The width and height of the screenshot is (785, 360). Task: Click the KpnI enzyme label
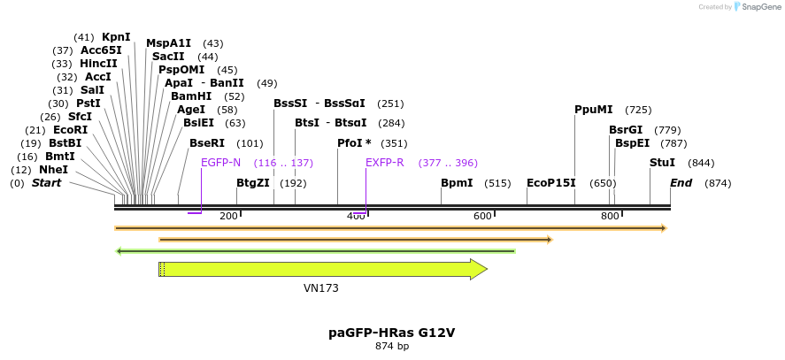pyautogui.click(x=116, y=37)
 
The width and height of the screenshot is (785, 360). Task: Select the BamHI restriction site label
pyautogui.click(x=190, y=96)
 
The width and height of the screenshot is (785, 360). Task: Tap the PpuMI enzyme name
pyautogui.click(x=593, y=110)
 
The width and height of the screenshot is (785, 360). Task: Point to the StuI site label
pyautogui.click(x=662, y=163)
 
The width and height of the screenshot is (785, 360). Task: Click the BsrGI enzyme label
pyautogui.click(x=626, y=130)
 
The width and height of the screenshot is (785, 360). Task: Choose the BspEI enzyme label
pyautogui.click(x=632, y=143)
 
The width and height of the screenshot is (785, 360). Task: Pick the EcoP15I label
pyautogui.click(x=551, y=183)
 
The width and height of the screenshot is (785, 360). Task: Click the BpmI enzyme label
pyautogui.click(x=457, y=183)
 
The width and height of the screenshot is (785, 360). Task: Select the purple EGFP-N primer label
pyautogui.click(x=220, y=163)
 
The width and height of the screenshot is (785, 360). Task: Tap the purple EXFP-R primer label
pyautogui.click(x=385, y=163)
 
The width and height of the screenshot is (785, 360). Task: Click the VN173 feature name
pyautogui.click(x=321, y=288)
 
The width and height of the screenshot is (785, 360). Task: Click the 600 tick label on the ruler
pyautogui.click(x=482, y=217)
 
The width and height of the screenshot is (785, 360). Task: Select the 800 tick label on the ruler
pyautogui.click(x=611, y=217)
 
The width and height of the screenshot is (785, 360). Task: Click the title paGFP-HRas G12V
pyautogui.click(x=392, y=333)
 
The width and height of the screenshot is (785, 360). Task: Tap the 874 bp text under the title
pyautogui.click(x=392, y=347)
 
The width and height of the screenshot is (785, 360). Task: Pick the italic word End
pyautogui.click(x=681, y=183)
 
